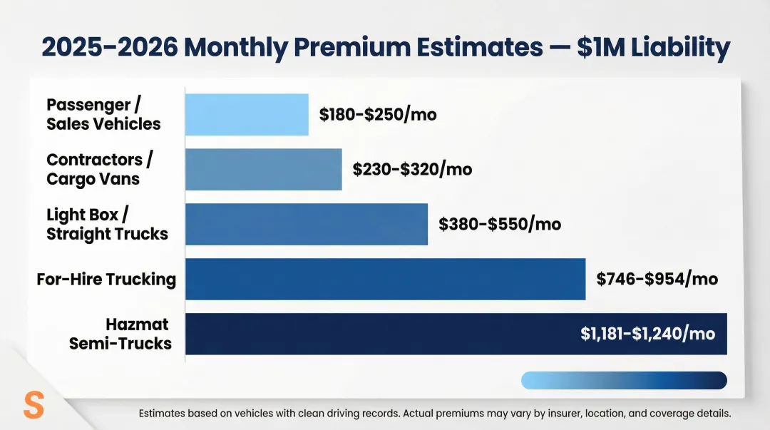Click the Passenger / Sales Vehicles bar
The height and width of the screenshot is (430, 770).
pos(247,115)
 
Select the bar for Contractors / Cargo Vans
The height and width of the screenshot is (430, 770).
pos(263,170)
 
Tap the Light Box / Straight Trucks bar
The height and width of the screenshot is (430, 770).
pos(307,225)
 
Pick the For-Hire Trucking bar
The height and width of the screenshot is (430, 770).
pos(385,279)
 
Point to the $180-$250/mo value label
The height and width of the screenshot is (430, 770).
pos(378,115)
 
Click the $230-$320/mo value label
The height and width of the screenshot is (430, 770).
pos(412,170)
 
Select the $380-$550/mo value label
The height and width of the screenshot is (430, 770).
pos(500,225)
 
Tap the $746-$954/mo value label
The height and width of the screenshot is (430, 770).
pos(657,279)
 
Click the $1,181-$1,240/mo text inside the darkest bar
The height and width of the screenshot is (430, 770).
pos(647,334)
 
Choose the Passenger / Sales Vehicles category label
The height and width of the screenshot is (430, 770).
pos(103,115)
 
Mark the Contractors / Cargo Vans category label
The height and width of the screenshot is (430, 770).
pos(100,169)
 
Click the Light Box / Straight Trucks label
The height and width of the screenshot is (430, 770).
pos(107,224)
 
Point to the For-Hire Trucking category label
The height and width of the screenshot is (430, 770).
pos(106,279)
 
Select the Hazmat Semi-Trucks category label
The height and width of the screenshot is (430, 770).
pos(120,334)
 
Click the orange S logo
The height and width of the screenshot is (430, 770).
pos(34,404)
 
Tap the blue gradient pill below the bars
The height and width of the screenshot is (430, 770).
pos(624,380)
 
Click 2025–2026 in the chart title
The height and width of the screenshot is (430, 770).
pos(109,48)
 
